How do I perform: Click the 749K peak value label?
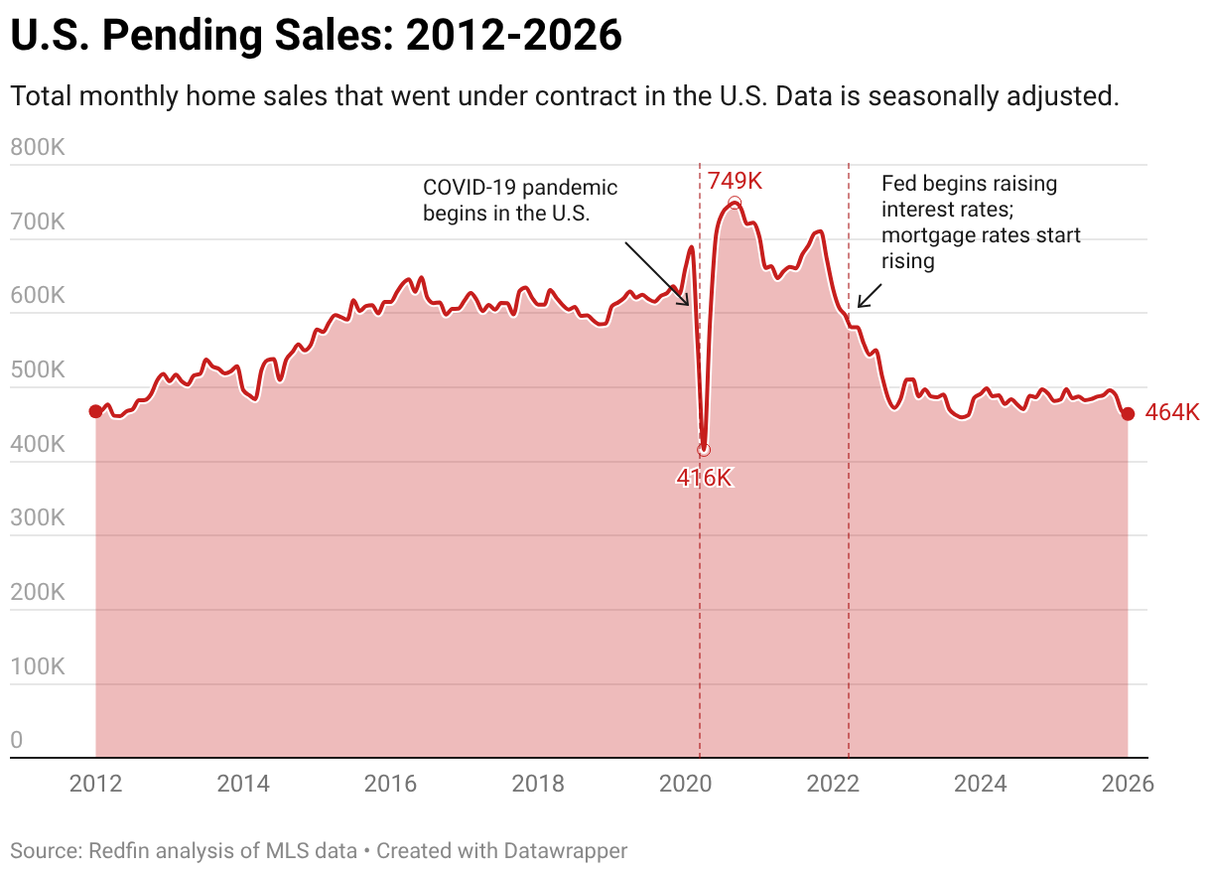click(735, 181)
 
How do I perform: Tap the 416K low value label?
click(704, 478)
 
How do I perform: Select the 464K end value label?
click(1172, 413)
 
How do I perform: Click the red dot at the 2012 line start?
click(95, 411)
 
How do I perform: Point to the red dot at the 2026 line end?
click(1128, 413)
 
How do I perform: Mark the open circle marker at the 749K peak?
click(735, 203)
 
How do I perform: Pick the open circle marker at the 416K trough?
click(704, 450)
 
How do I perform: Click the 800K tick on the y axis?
click(37, 148)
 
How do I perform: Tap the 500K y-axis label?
click(37, 370)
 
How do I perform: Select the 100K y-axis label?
click(37, 666)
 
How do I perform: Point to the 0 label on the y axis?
click(17, 740)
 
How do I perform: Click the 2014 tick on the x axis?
click(243, 784)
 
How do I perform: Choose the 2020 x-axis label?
click(685, 784)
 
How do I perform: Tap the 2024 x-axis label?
click(980, 784)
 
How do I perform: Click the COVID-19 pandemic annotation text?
click(520, 200)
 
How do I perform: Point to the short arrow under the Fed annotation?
click(870, 295)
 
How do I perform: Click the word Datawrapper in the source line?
click(566, 850)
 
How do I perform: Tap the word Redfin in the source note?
click(118, 850)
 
